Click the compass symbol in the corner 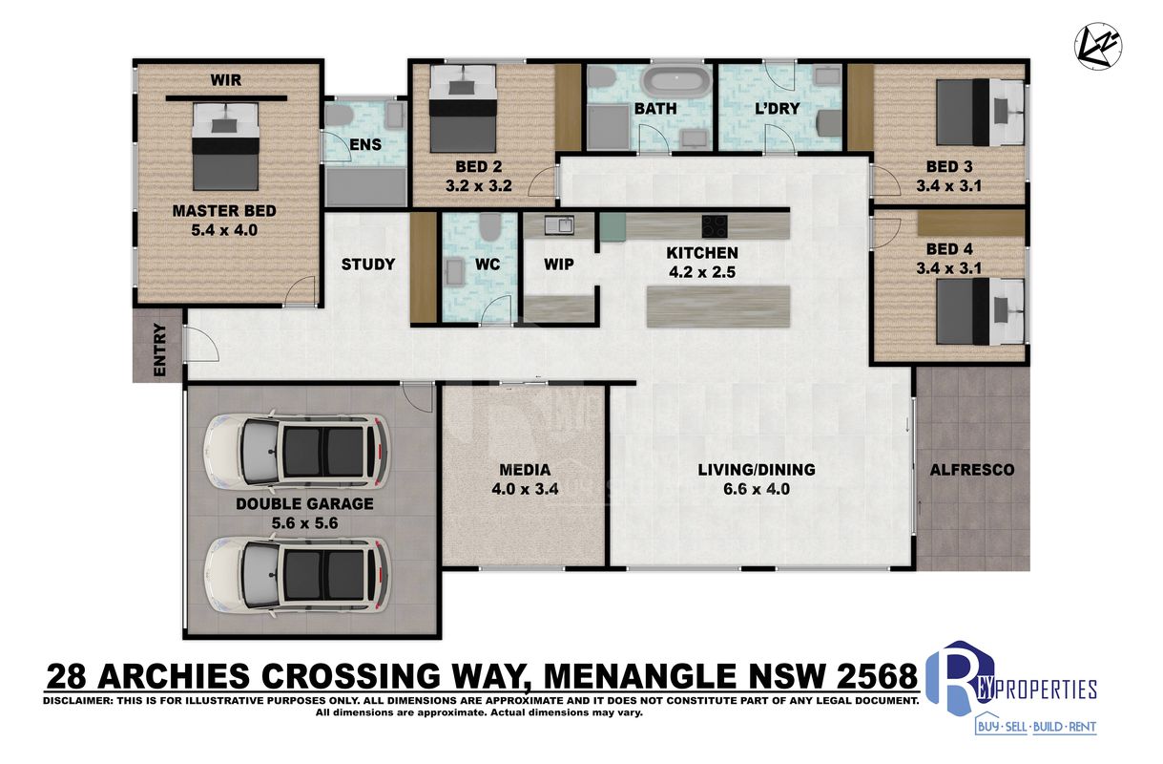(x=1098, y=46)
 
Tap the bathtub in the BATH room (x=676, y=80)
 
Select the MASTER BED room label (x=224, y=211)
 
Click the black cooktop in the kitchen (x=715, y=225)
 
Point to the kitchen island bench (x=718, y=307)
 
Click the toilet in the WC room (x=488, y=226)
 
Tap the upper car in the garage (x=297, y=450)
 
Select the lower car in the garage (x=297, y=578)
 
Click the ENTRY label (x=159, y=350)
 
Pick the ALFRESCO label (x=972, y=470)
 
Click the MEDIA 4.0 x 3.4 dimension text (x=525, y=489)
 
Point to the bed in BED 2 (x=463, y=108)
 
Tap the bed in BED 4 (x=980, y=311)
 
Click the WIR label (x=226, y=80)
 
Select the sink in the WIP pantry (x=559, y=225)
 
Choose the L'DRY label (x=777, y=108)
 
